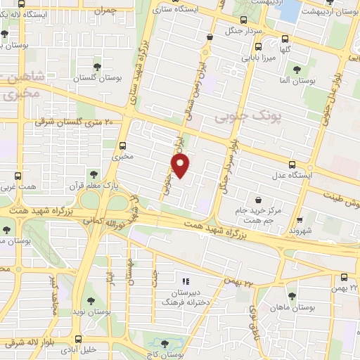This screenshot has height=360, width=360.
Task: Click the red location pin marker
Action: [181, 167]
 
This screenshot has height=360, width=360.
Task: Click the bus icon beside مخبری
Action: [123, 145]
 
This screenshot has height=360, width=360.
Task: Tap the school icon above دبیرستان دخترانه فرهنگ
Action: [186, 281]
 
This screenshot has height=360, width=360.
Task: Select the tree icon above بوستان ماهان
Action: [289, 294]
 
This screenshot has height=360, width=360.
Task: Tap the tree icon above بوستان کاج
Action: [165, 344]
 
